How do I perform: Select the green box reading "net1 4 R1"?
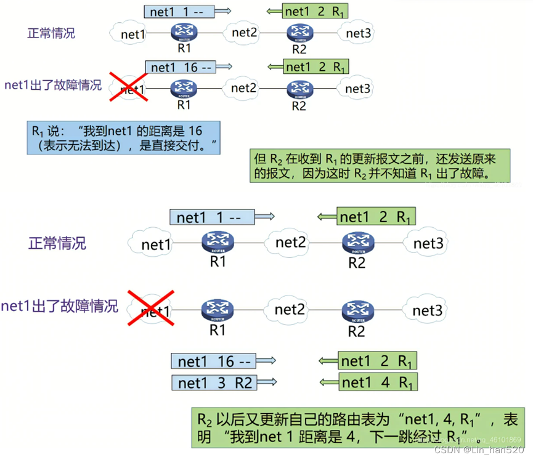point(378,382)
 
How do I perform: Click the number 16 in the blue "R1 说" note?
point(195,131)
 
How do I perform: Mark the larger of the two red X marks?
point(150,308)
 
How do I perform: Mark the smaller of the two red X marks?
point(129,87)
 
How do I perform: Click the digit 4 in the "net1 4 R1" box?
point(386,382)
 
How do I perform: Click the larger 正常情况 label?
point(57,243)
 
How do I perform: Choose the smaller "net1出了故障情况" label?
point(53,86)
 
